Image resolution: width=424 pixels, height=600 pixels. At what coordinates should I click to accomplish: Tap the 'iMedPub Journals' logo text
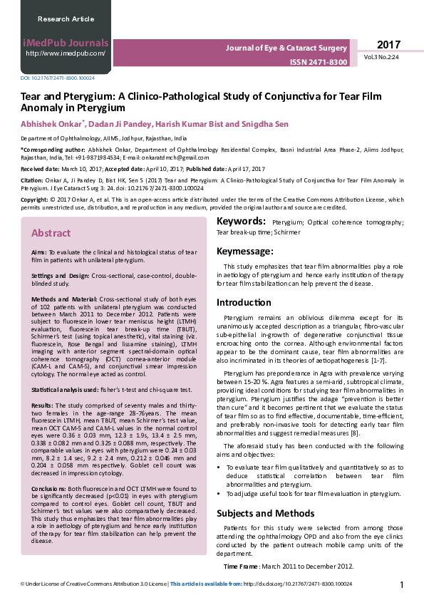(x=65, y=42)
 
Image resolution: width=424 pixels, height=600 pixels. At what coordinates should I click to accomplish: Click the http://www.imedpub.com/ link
(x=66, y=53)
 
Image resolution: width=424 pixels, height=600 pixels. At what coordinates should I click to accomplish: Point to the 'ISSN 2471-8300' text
(x=319, y=63)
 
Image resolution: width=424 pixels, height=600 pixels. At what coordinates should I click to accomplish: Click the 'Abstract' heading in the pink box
(x=51, y=233)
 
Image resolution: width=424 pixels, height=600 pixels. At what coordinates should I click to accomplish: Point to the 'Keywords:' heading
(x=241, y=222)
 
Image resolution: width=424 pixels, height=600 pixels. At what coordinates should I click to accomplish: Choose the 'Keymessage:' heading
(x=244, y=252)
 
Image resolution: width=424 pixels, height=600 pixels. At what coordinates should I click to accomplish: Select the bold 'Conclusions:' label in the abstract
(x=51, y=489)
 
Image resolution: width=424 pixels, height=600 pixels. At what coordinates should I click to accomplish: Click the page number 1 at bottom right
(x=402, y=585)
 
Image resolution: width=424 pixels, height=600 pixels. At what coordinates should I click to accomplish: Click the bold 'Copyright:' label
(x=35, y=200)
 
